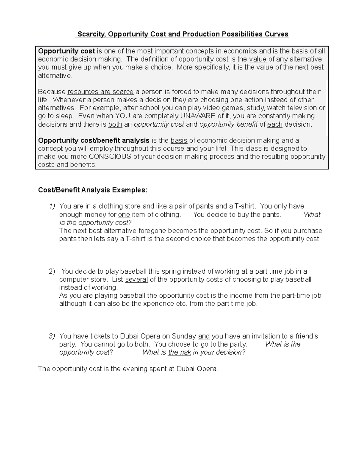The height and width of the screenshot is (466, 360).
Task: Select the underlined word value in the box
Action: pyautogui.click(x=258, y=59)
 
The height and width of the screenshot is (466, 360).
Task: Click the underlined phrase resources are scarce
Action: pyautogui.click(x=100, y=92)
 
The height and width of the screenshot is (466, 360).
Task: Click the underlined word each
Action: pyautogui.click(x=275, y=125)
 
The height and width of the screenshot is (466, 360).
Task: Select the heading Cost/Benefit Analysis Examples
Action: pyautogui.click(x=93, y=190)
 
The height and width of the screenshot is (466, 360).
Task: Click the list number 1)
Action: pyautogui.click(x=52, y=206)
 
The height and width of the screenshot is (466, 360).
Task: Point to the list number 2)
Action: pyautogui.click(x=52, y=271)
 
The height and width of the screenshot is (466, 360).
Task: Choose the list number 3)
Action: pyautogui.click(x=52, y=336)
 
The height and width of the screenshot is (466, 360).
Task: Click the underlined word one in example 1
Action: pyautogui.click(x=124, y=215)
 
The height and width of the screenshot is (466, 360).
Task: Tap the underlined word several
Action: pyautogui.click(x=136, y=279)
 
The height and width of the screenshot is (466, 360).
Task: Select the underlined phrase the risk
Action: pyautogui.click(x=179, y=352)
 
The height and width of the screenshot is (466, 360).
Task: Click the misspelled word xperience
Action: pyautogui.click(x=162, y=304)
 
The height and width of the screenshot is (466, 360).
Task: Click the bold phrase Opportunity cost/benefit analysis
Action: pyautogui.click(x=94, y=140)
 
